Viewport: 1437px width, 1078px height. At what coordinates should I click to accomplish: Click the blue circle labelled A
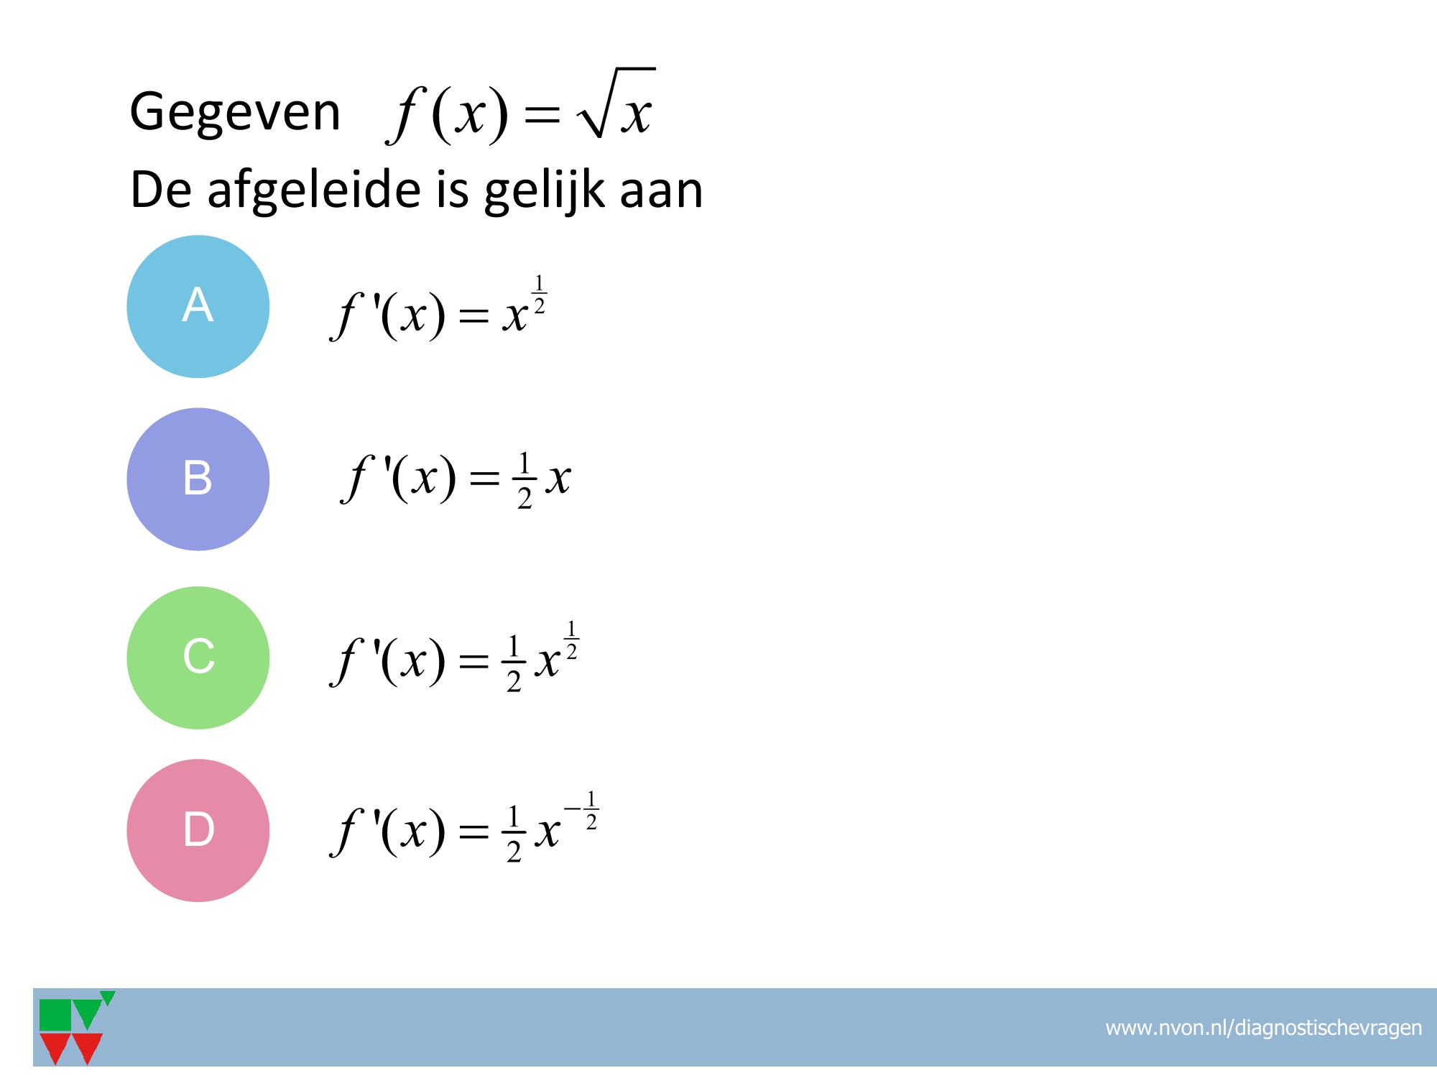click(x=198, y=307)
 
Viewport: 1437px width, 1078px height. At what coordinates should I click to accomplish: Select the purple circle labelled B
click(x=198, y=479)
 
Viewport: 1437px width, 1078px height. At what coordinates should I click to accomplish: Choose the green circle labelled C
click(x=198, y=658)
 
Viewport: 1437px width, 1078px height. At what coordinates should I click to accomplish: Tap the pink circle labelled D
click(x=198, y=830)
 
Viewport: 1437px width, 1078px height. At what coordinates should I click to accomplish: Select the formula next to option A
click(x=439, y=308)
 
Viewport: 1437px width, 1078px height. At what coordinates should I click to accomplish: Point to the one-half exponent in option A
click(x=540, y=293)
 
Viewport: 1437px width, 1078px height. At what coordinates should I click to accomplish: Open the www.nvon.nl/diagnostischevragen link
click(x=1263, y=1028)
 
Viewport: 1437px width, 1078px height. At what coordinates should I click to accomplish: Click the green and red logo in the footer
click(x=75, y=1028)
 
